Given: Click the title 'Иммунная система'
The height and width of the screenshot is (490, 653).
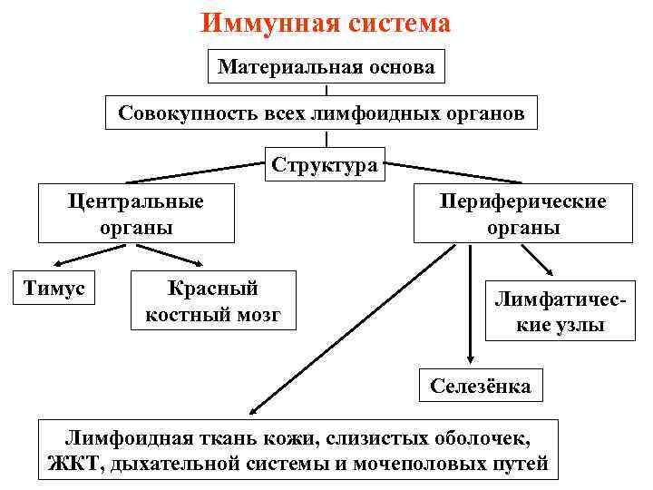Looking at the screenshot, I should [x=326, y=23].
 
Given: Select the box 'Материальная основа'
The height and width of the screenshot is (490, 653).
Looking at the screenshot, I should [x=326, y=66].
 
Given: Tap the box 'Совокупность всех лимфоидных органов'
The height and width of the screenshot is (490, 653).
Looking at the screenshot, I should [x=326, y=115].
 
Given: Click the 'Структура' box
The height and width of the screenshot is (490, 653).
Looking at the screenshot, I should [x=324, y=165].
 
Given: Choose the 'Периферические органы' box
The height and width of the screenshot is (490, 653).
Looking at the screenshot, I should [x=523, y=214].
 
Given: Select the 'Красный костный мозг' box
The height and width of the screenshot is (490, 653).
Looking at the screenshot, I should [x=213, y=300].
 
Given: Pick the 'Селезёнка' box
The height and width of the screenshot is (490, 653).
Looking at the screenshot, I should [x=481, y=387].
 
